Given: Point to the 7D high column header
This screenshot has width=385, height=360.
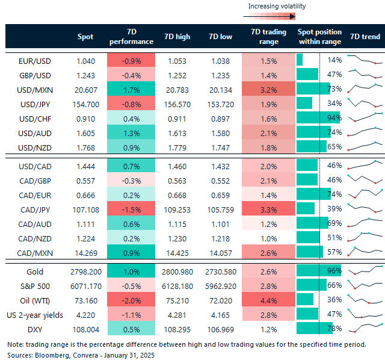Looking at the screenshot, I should tap(177, 37).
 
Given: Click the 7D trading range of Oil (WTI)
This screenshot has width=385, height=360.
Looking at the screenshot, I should tap(269, 299).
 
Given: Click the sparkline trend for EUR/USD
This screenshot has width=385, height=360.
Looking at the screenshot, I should tap(365, 60).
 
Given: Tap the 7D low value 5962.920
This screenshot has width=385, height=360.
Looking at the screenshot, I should tap(221, 286).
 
